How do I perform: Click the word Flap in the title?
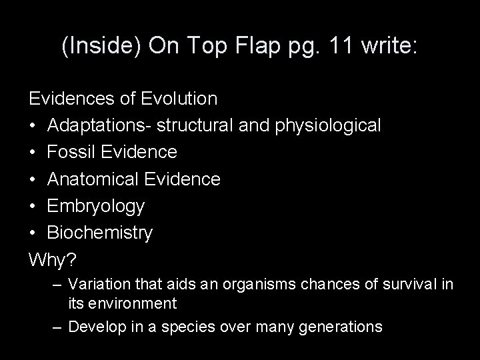click(x=260, y=47)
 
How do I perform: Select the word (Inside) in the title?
click(x=97, y=47)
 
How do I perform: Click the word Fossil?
click(x=69, y=152)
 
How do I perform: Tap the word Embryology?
click(x=95, y=206)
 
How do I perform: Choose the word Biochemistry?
click(x=100, y=233)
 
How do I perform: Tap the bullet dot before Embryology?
click(x=33, y=206)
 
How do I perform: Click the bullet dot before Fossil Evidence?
click(x=33, y=152)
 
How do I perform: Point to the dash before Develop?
click(x=57, y=327)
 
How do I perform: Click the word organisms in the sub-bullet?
click(x=239, y=285)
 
